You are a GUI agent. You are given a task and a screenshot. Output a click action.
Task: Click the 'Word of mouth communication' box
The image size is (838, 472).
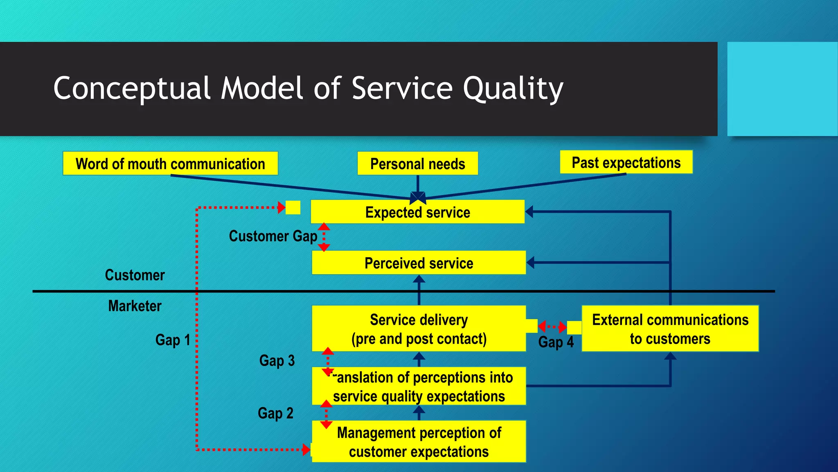pos(170,164)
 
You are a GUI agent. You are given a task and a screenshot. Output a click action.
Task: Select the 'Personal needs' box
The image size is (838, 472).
pos(417,164)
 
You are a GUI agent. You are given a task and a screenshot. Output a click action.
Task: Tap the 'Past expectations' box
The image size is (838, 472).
pos(626,163)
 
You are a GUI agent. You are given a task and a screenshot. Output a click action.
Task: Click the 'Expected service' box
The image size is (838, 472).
pos(417,212)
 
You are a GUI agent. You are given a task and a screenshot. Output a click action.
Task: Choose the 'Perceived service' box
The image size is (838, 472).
pos(419,263)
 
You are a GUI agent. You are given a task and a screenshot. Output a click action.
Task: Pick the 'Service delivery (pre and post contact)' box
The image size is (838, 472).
pos(419,329)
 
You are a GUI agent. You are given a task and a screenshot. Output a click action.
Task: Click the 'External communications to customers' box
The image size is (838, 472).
pos(670,329)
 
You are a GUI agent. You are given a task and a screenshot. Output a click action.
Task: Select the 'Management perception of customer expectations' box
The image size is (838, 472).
pos(419,442)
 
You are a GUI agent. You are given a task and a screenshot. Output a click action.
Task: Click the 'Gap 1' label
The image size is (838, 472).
pos(173,340)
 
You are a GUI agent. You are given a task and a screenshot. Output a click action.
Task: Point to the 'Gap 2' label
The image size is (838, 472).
pos(275,413)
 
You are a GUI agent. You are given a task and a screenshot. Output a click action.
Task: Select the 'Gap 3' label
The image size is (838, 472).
pos(277,361)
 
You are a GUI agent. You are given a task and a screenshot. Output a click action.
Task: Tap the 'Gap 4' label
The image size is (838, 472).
pos(556,342)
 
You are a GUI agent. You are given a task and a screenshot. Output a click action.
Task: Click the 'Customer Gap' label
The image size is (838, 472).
pos(273,236)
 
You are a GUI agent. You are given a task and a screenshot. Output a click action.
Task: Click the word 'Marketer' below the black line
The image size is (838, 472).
pos(135,306)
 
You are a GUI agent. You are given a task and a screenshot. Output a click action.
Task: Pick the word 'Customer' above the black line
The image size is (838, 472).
pos(135,275)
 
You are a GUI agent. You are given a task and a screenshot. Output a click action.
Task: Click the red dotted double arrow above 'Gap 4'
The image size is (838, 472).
pos(552,327)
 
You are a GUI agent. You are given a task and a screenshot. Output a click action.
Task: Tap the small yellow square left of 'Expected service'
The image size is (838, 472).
pos(293,207)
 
